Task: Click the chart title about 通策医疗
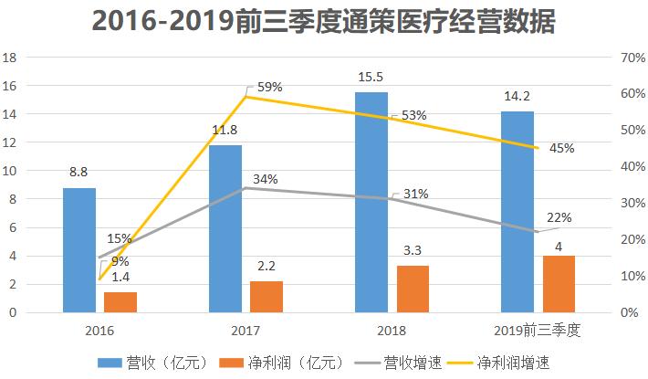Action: (323, 22)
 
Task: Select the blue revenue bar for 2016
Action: (78, 250)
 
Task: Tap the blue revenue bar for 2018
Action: (371, 202)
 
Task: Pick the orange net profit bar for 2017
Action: (266, 297)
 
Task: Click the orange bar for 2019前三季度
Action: (559, 284)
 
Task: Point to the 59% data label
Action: (269, 87)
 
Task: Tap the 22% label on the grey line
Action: (559, 217)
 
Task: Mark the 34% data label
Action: (265, 179)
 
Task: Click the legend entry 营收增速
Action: (401, 363)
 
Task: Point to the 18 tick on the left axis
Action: (12, 57)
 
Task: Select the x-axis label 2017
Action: (245, 329)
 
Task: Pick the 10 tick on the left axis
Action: (12, 171)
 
